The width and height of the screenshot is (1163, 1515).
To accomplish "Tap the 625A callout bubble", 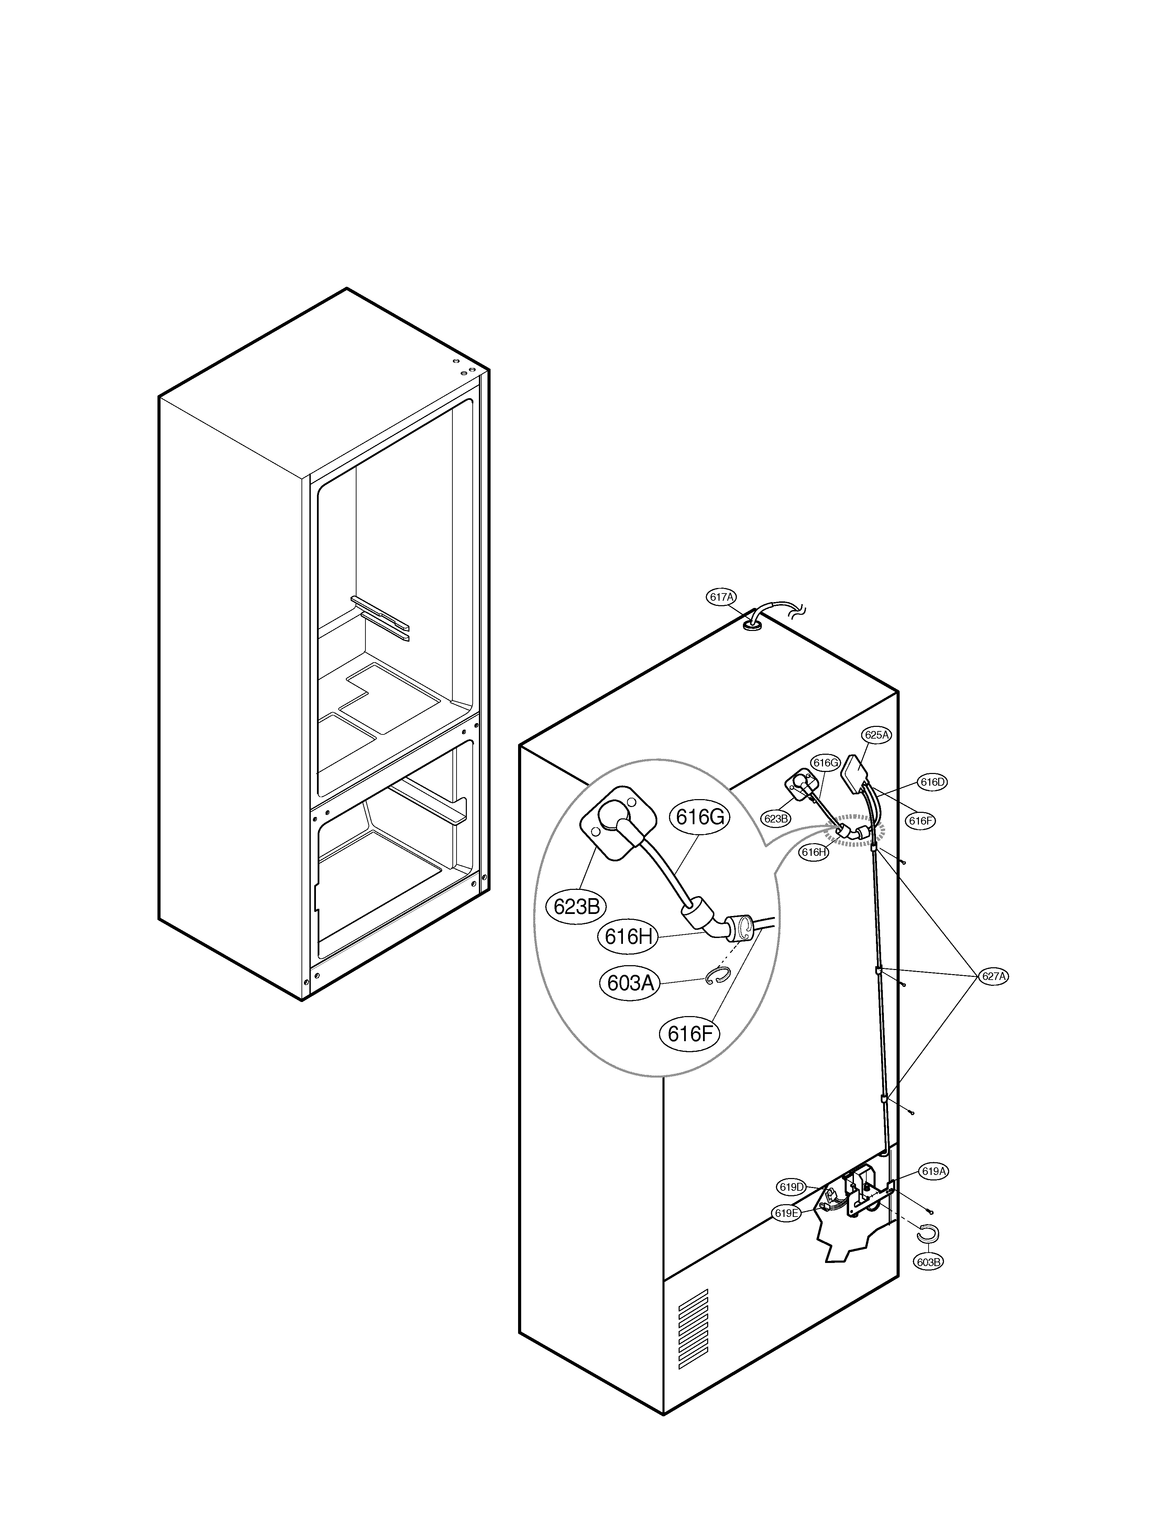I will point(876,735).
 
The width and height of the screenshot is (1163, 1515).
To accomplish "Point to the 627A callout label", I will point(994,976).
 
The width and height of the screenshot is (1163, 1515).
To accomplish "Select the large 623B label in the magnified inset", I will point(576,906).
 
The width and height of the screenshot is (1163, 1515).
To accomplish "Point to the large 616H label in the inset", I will point(628,937).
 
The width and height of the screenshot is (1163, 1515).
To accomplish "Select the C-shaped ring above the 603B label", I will point(928,1233).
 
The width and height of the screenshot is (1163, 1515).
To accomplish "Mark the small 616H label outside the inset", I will point(814,852).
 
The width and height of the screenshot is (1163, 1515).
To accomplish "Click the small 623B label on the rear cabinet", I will point(776,818).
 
